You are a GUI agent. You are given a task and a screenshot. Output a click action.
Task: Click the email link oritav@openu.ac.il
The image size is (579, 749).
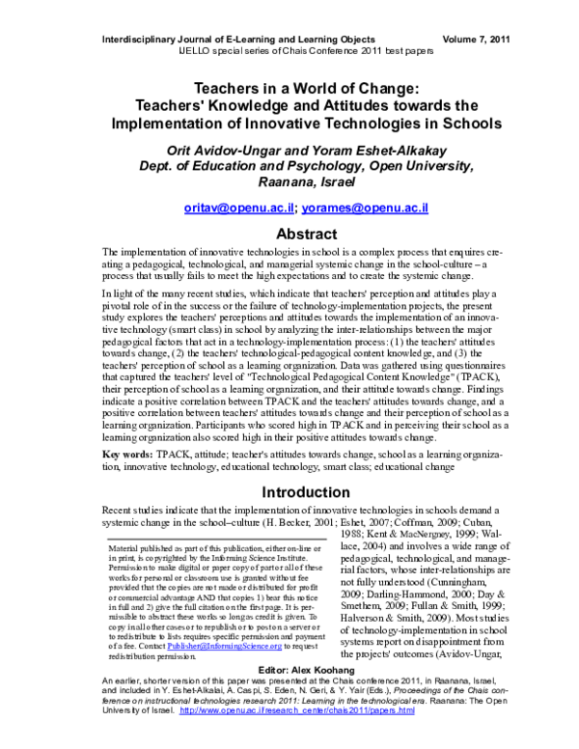[x=238, y=208]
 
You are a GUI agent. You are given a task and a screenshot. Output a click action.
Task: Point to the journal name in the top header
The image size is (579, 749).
[x=246, y=39]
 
